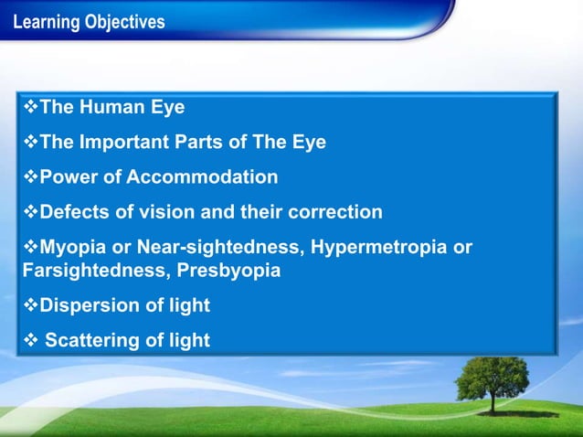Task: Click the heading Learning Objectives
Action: (90, 22)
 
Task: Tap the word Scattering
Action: (90, 341)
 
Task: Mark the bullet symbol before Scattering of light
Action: (29, 341)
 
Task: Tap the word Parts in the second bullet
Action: (216, 143)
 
